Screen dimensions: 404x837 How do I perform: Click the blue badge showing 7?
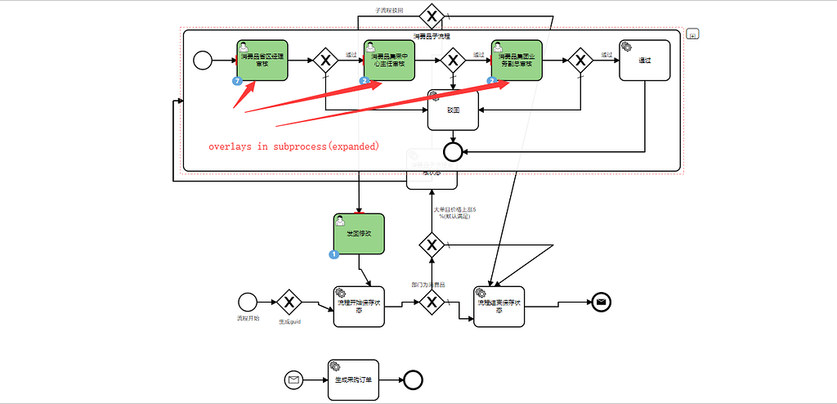(237, 81)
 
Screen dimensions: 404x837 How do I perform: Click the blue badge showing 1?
(333, 254)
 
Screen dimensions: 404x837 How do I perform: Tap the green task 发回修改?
(359, 234)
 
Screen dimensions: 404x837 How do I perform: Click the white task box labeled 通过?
(644, 61)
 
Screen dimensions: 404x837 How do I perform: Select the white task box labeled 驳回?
(453, 110)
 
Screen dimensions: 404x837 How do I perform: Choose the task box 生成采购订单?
(353, 379)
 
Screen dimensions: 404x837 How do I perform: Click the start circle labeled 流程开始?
(247, 302)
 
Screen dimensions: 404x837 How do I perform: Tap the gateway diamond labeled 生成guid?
(289, 302)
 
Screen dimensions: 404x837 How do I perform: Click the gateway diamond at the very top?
(431, 16)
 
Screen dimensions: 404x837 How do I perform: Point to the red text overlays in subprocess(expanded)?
(293, 146)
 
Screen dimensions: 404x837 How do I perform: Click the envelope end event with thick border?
(602, 302)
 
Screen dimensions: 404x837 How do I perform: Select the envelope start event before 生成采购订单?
(293, 379)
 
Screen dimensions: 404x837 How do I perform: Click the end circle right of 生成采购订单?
(413, 379)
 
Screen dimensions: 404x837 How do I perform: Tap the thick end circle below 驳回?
(452, 150)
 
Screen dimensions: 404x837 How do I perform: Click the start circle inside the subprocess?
(202, 61)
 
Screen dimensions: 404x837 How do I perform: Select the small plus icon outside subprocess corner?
(692, 34)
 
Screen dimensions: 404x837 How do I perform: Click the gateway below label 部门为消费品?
(432, 302)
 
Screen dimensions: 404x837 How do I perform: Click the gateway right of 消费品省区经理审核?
(325, 61)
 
